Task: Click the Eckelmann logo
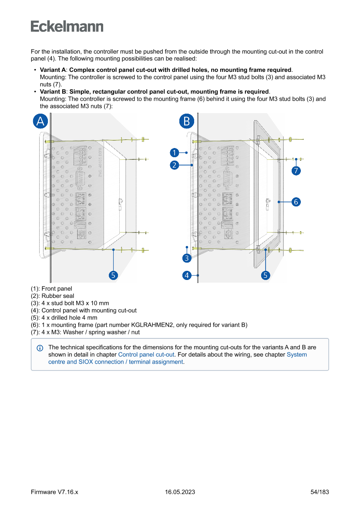click(x=67, y=27)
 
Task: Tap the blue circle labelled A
click(x=40, y=121)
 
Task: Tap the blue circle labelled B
click(x=187, y=121)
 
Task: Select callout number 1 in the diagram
click(x=174, y=152)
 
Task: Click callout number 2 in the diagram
click(x=174, y=165)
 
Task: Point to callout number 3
click(x=187, y=258)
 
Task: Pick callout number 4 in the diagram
click(x=187, y=275)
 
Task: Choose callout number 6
click(x=296, y=202)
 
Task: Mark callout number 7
click(x=296, y=171)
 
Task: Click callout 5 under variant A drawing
click(x=113, y=275)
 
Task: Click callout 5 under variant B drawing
click(x=265, y=275)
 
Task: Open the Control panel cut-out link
click(x=146, y=354)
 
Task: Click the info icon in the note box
click(x=40, y=348)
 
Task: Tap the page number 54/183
click(x=320, y=492)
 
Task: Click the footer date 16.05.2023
click(x=180, y=492)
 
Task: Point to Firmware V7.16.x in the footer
click(x=54, y=492)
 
